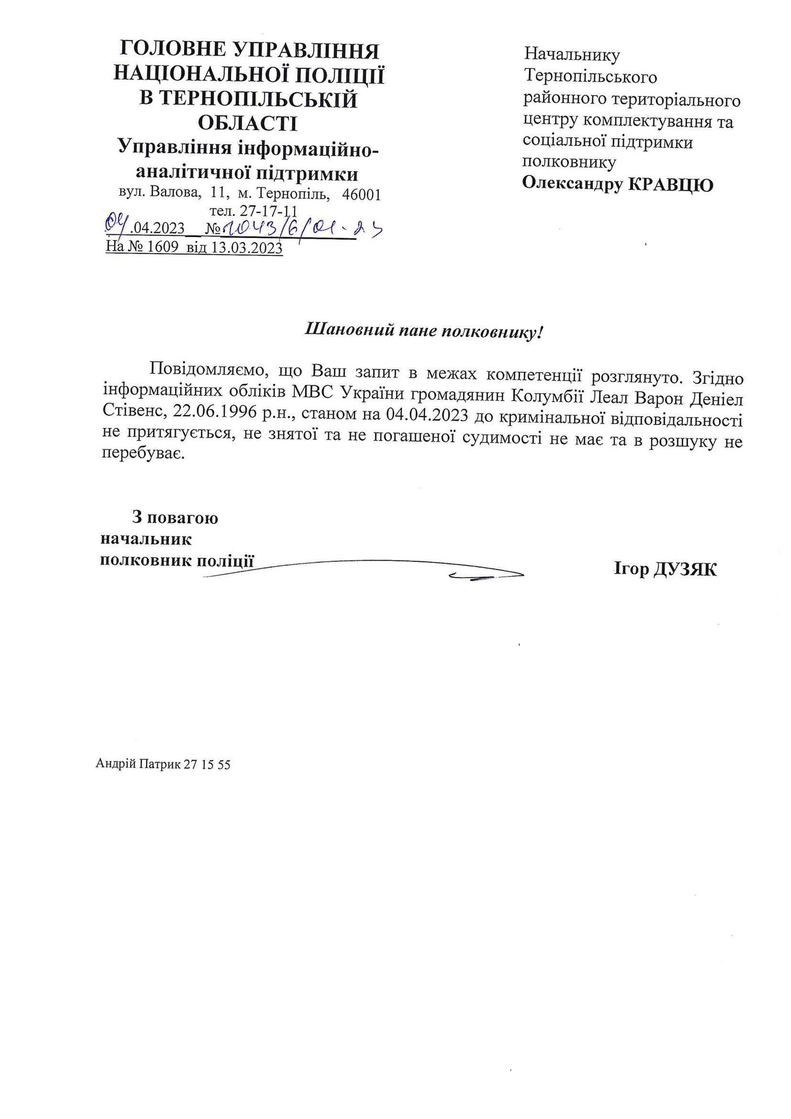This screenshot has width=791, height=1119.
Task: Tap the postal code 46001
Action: coord(361,195)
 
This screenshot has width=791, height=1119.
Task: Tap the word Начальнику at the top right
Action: coord(572,54)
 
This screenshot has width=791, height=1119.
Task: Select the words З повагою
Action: coord(175,517)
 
